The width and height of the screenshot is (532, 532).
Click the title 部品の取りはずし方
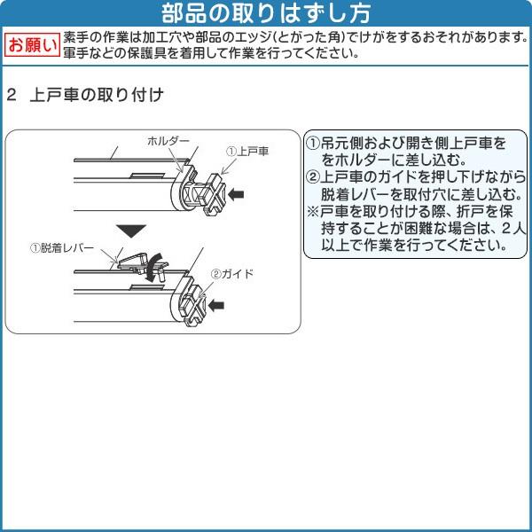[x=266, y=13]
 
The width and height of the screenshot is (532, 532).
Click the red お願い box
[x=32, y=45]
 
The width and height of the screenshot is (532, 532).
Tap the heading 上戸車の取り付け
[x=97, y=95]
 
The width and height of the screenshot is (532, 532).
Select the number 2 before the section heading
[x=12, y=95]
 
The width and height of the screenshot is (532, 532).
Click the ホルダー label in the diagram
[x=168, y=141]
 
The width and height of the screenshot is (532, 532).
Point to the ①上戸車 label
[x=247, y=152]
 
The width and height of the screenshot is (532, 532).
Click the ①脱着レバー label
[x=62, y=248]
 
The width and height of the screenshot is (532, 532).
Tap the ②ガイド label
[x=232, y=273]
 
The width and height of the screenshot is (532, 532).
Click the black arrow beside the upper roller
[x=236, y=194]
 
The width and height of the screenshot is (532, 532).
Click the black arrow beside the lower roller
[x=216, y=305]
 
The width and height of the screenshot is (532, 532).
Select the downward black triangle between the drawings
[x=131, y=231]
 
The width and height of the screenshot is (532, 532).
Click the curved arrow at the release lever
[x=151, y=267]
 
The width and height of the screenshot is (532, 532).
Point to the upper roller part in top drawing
[x=205, y=193]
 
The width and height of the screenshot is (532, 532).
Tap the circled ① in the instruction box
[x=313, y=144]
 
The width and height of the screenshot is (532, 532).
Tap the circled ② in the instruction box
[x=313, y=176]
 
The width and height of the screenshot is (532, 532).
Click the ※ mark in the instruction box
[x=312, y=212]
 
